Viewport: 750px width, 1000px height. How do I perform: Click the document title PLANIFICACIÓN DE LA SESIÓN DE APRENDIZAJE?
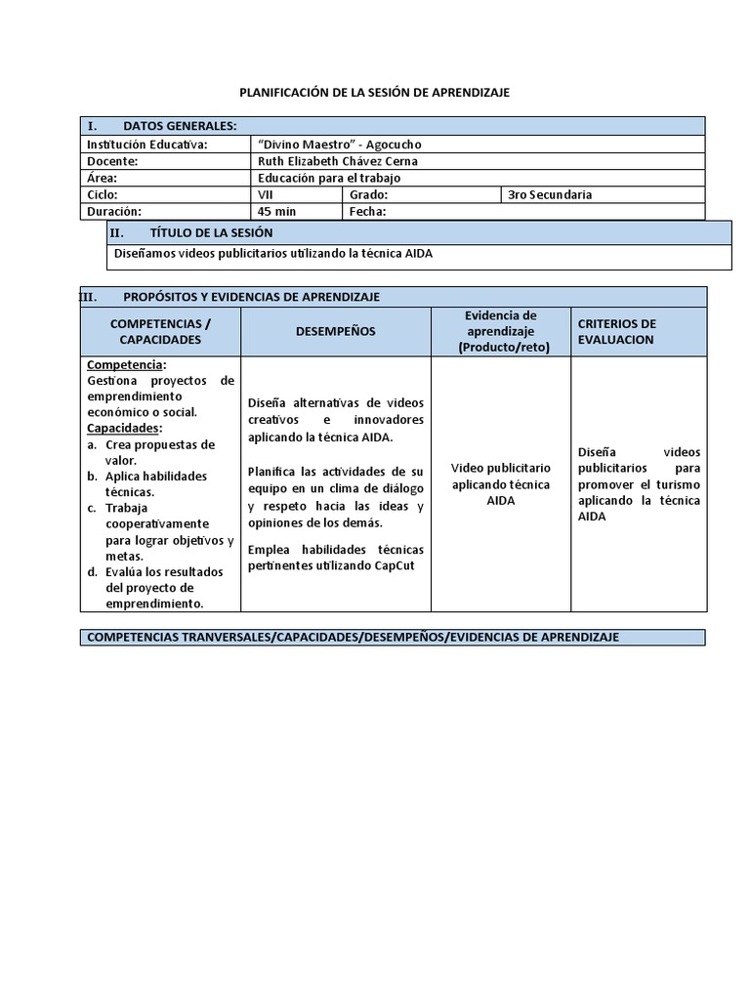[375, 92]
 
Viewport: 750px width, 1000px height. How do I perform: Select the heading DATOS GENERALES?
[180, 126]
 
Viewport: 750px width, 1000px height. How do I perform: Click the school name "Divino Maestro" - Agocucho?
[339, 145]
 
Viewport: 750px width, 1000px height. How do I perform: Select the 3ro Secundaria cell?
[550, 194]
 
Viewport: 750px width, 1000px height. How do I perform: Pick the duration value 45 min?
[277, 211]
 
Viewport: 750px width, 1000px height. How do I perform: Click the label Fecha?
[367, 211]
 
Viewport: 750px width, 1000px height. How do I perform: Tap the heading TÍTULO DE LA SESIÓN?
[211, 232]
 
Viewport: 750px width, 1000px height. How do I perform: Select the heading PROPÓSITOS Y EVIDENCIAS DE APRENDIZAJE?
[251, 296]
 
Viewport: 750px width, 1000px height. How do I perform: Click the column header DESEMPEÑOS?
[335, 331]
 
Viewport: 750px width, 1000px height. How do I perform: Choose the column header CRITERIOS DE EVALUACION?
[617, 331]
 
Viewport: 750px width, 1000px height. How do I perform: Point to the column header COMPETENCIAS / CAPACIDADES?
[160, 331]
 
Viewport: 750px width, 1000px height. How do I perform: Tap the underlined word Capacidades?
[124, 428]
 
